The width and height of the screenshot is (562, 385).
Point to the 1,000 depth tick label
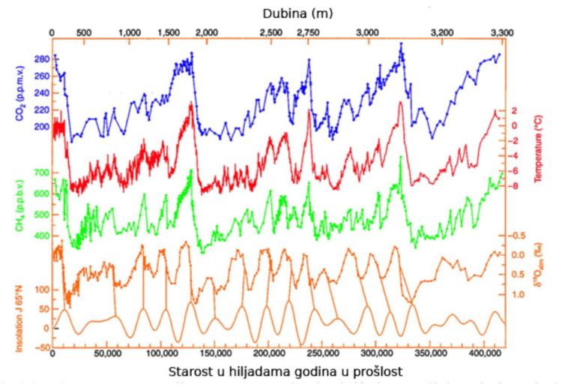(x=130, y=34)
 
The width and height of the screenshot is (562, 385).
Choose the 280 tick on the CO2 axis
(x=41, y=59)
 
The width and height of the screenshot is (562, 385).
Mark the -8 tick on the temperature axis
(x=514, y=185)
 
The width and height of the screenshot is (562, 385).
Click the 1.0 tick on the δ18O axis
(x=514, y=295)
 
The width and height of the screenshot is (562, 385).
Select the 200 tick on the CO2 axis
(x=41, y=127)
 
